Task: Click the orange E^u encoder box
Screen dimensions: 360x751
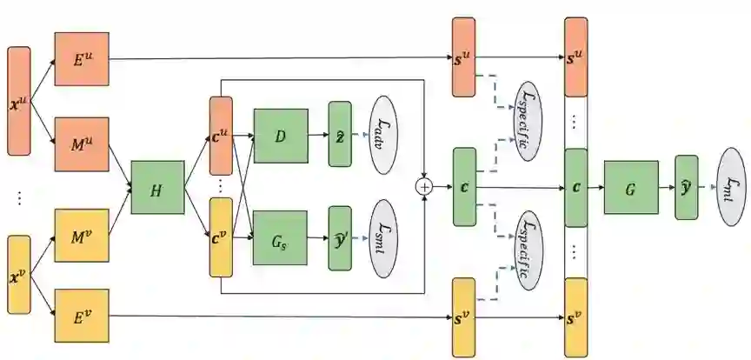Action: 81,59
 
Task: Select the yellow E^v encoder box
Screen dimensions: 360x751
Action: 81,314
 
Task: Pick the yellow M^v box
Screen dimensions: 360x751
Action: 81,235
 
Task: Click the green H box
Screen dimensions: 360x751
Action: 157,187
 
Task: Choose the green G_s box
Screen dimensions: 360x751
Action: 280,237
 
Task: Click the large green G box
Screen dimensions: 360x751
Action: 628,188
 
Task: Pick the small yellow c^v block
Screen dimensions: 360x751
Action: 221,237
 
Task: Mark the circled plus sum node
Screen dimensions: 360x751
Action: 425,186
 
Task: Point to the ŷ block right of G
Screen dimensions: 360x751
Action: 686,187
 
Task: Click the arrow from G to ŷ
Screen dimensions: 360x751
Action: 665,188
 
